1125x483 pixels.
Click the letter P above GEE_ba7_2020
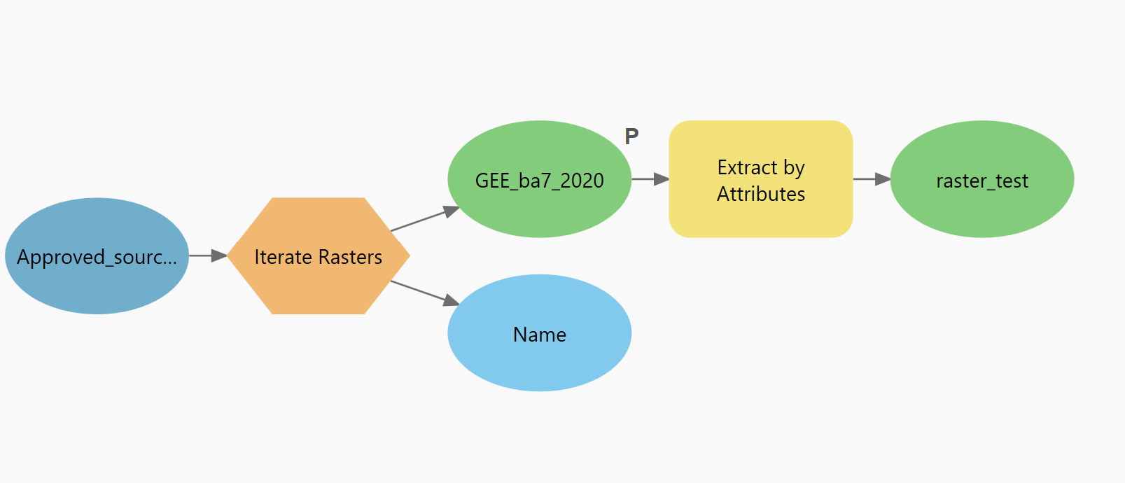point(631,136)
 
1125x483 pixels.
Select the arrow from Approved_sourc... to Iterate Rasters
point(207,255)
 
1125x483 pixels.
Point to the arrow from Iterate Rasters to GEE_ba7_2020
point(424,219)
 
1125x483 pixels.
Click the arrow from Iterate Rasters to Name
point(424,293)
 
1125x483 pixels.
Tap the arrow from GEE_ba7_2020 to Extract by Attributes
point(650,179)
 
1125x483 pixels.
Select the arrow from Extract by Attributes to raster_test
point(871,179)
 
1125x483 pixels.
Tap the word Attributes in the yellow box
point(761,194)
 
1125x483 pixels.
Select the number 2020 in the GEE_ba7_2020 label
point(582,181)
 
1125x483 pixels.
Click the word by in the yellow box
point(794,168)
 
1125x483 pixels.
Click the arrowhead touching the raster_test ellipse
point(883,179)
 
